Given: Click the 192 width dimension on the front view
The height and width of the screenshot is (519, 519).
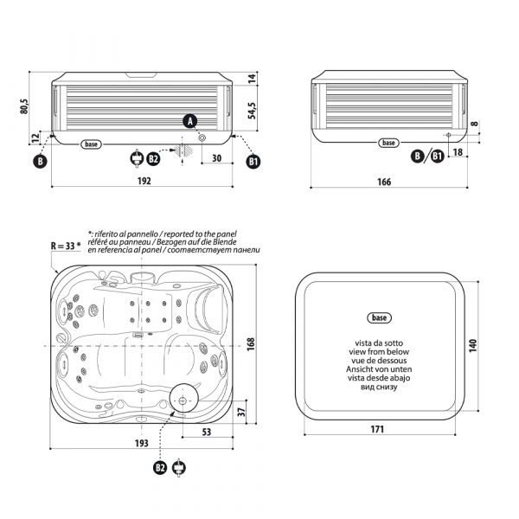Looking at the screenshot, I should point(144,181).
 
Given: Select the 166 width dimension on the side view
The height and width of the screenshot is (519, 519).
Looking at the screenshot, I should point(384,182).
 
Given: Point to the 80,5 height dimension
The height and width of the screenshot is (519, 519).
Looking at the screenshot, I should point(25,106).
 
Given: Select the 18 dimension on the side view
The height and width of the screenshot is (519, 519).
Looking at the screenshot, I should point(458,152).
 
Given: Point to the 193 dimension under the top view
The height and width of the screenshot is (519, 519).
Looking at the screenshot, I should point(144,442).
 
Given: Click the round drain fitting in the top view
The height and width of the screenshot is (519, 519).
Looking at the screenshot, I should point(183,398).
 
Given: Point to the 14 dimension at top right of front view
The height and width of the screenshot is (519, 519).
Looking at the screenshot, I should point(253,78).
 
